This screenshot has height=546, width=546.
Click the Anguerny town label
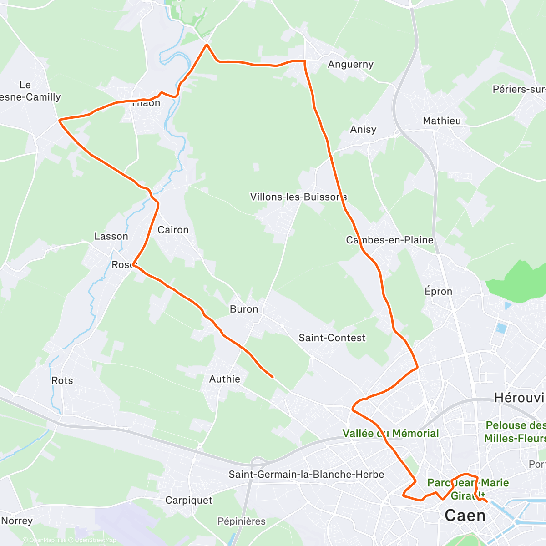[350, 64]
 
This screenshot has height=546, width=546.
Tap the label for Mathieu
[441, 121]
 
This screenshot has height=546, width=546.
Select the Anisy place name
[363, 129]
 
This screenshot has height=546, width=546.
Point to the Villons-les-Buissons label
[298, 197]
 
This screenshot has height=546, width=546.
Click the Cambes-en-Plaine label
[389, 240]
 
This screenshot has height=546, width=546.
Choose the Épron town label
[438, 291]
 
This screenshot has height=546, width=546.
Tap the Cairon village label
[173, 230]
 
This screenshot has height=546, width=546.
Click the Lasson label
[111, 236]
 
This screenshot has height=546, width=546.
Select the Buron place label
[244, 309]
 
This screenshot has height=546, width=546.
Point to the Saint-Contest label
[332, 338]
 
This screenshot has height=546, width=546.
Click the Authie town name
[224, 379]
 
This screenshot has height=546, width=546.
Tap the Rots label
[62, 380]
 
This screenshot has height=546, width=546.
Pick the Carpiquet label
[188, 500]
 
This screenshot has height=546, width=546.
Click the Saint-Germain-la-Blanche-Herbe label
[306, 475]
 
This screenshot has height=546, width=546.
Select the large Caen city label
[465, 516]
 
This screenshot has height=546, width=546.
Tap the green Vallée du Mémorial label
[390, 433]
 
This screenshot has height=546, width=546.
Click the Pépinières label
[242, 521]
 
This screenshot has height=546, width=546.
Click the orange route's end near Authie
[272, 377]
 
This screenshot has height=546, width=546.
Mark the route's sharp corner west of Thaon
[60, 120]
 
